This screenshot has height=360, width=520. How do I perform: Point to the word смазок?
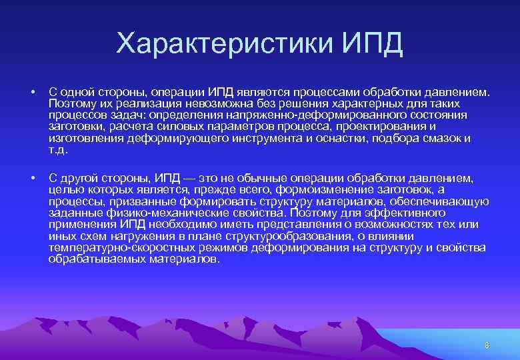click(x=443, y=138)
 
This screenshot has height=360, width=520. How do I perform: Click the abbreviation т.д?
click(x=58, y=149)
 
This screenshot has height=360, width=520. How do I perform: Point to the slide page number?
click(x=487, y=345)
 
